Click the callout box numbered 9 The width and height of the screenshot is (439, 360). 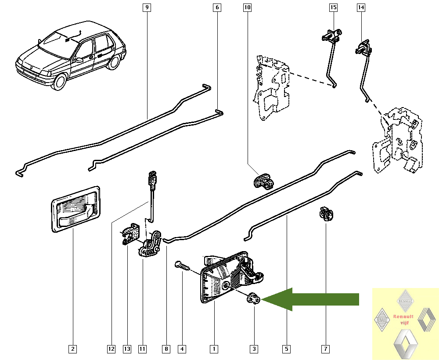[147, 7]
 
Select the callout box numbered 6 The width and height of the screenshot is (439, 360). [216, 7]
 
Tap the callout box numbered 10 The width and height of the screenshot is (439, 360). [247, 7]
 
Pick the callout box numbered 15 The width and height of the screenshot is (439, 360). [333, 7]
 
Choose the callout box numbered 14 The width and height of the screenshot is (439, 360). [361, 7]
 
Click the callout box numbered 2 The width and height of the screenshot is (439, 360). [72, 349]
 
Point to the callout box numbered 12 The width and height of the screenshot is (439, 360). [111, 349]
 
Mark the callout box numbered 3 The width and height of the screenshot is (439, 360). [254, 349]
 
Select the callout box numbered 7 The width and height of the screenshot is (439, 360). [325, 349]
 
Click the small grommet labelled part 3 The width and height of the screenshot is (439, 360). [254, 299]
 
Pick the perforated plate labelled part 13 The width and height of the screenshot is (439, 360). [130, 234]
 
